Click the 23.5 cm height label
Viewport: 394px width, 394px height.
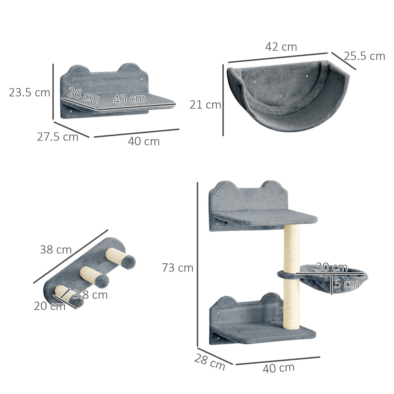[x=29, y=93]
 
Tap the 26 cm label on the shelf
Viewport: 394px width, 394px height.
[x=83, y=95]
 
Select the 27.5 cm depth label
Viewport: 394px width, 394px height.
[x=58, y=137]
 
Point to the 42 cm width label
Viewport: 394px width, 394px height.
[x=281, y=47]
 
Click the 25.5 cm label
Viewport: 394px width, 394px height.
[x=364, y=56]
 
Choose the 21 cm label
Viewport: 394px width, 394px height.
[x=205, y=105]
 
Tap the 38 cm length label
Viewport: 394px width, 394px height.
[x=56, y=249]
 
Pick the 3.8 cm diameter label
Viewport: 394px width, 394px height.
[x=90, y=295]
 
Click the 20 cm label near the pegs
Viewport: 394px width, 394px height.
[x=50, y=306]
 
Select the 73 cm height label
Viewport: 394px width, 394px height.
[x=178, y=268]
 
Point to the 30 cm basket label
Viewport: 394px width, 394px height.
[x=332, y=267]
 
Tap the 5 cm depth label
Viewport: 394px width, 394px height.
[x=347, y=284]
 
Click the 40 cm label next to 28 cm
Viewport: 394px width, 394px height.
[x=279, y=368]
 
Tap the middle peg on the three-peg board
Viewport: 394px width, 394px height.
[x=94, y=276]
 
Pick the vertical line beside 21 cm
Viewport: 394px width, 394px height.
[x=223, y=100]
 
